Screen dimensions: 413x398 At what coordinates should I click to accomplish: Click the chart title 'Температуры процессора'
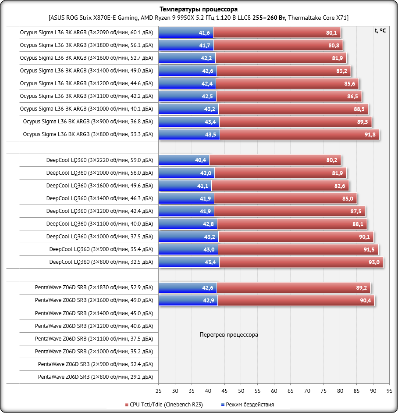pos(199,9)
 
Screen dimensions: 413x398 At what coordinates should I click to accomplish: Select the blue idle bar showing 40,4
pos(184,160)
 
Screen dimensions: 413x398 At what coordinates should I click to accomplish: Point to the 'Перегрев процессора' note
pos(229,335)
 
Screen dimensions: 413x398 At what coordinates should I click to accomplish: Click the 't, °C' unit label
pos(380,31)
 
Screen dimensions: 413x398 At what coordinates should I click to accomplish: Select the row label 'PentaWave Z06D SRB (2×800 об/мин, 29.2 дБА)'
pos(95,377)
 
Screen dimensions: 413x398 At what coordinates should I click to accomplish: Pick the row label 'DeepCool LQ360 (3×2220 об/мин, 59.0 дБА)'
pos(99,160)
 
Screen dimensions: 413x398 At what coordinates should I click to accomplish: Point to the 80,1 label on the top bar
pos(331,33)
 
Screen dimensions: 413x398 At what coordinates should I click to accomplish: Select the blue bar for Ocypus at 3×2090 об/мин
pos(185,33)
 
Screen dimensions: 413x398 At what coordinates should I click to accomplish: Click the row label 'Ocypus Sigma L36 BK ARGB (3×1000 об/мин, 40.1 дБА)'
pos(86,109)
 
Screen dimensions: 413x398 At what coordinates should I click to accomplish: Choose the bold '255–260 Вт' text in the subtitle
pos(269,18)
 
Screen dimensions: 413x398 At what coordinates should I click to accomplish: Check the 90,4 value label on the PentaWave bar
pos(365,301)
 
